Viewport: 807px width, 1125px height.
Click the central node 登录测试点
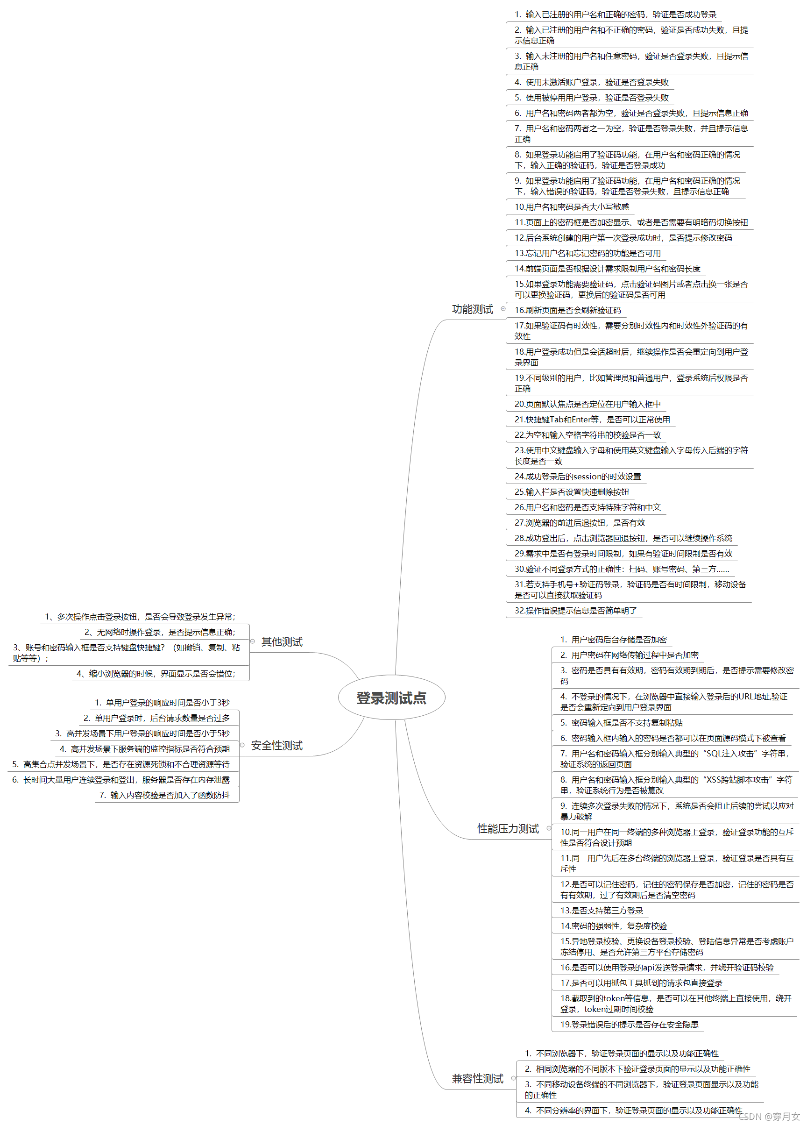[391, 698]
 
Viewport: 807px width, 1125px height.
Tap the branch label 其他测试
[282, 642]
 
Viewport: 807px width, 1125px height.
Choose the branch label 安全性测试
[276, 746]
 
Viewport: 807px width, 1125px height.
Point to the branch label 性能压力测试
[508, 829]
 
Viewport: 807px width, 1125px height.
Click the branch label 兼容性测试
[477, 1079]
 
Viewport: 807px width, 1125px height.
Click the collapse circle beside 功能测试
[503, 309]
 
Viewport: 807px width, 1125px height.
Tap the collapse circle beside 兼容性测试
[514, 1078]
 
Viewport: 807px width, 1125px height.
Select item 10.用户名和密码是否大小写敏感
[572, 207]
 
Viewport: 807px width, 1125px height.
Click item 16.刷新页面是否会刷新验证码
[567, 310]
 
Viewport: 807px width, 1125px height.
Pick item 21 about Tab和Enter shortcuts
[592, 420]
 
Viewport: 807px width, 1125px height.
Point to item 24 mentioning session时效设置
[578, 477]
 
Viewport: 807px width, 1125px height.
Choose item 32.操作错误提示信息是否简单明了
[575, 611]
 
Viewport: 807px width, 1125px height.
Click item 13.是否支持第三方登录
[602, 911]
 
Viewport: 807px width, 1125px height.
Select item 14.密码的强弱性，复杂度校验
[613, 926]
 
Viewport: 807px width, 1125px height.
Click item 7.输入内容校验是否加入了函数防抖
[164, 796]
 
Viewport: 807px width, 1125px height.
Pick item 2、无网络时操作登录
[160, 632]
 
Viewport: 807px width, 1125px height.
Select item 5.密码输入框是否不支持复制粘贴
[621, 723]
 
